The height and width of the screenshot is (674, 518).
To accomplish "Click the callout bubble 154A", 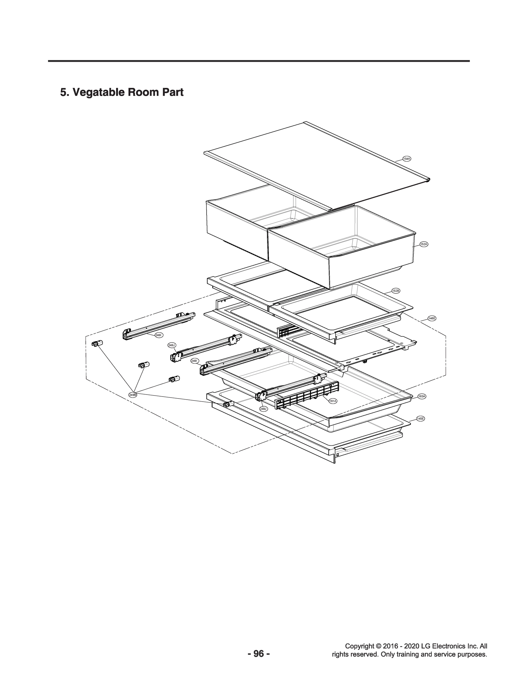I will pos(407,159).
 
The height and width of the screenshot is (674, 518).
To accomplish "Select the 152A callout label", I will pos(424,244).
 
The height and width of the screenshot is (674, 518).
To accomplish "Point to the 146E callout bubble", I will pos(432,318).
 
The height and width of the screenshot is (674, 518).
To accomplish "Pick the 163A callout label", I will pos(422,396).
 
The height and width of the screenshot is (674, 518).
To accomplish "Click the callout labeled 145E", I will pos(420,419).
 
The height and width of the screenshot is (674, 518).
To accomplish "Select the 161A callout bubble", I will pos(333,401).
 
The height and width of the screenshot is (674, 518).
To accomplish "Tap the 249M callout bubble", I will pos(133,395).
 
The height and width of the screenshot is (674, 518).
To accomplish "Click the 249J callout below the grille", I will pos(263,409).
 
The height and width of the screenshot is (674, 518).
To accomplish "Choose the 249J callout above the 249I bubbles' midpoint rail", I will pos(171,345).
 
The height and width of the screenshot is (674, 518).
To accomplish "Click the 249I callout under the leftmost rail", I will pos(159,335).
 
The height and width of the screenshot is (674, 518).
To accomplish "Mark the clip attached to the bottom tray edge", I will pos(229,404).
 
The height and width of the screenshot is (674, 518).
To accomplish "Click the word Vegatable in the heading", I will pos(98,92).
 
